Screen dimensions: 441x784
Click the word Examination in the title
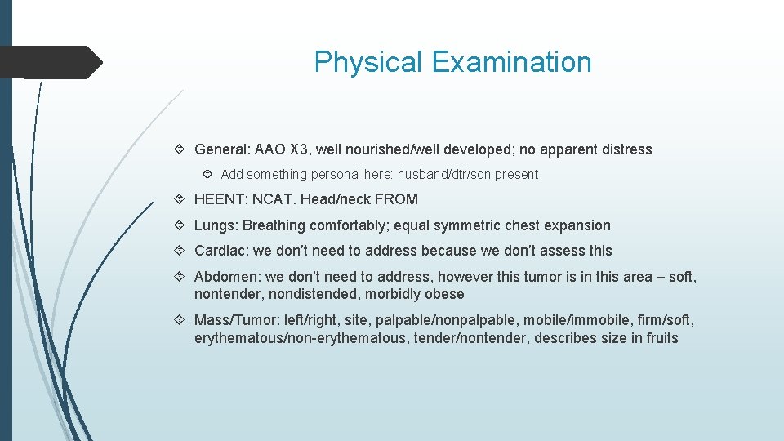[511, 62]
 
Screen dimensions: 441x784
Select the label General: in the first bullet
[222, 149]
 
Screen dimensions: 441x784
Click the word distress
[625, 149]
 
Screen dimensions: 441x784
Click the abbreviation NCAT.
[273, 199]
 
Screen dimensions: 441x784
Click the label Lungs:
[216, 225]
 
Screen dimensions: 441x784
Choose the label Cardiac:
[221, 251]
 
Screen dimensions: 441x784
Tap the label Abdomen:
[227, 277]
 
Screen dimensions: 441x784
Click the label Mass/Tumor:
[238, 320]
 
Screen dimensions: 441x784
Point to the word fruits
[661, 338]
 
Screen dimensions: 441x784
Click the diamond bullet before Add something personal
[209, 174]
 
